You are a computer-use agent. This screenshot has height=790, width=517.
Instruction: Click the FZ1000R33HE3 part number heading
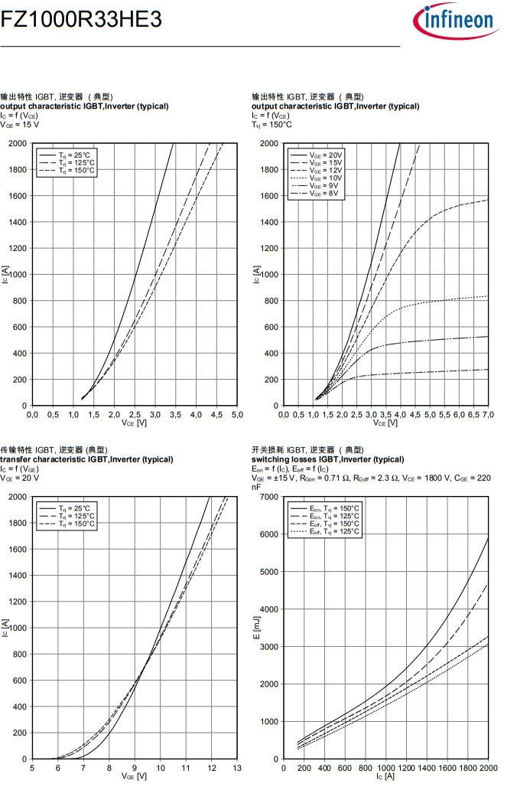[82, 21]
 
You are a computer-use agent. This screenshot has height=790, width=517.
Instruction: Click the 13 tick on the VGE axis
[237, 768]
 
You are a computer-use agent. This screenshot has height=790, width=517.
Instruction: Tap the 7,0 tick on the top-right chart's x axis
[486, 414]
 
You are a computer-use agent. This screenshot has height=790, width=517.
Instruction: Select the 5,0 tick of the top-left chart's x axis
[237, 414]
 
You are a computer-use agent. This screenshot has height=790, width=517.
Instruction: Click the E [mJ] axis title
[258, 628]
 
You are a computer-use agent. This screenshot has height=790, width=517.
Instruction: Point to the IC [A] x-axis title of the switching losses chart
[385, 776]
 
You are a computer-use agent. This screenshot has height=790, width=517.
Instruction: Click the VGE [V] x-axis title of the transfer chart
[134, 776]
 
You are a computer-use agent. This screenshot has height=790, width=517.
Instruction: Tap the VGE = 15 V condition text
[21, 124]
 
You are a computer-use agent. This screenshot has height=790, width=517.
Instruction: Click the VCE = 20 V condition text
[21, 478]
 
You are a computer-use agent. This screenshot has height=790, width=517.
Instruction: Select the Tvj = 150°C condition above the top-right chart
[272, 124]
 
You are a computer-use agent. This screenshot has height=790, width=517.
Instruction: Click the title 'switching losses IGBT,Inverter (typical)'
[327, 459]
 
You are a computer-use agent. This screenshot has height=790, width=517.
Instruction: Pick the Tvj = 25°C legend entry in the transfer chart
[75, 508]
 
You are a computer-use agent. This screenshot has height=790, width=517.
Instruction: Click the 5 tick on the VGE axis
[32, 768]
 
